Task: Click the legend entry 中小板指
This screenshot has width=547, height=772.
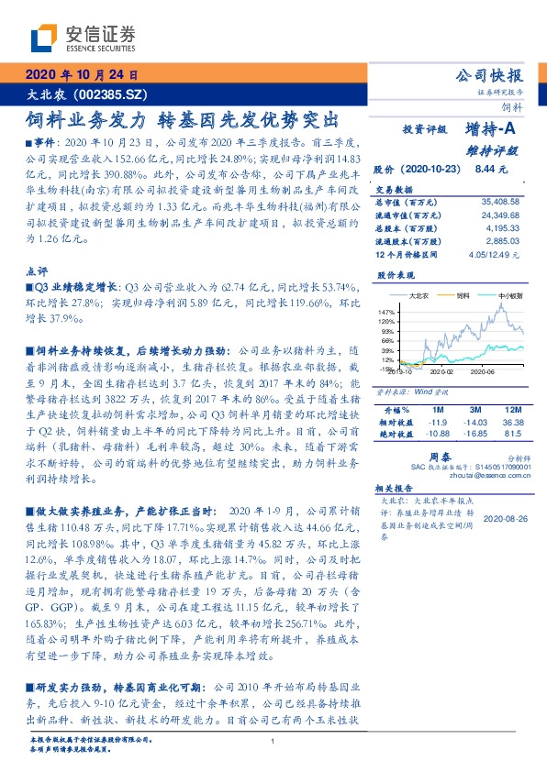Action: tap(509, 296)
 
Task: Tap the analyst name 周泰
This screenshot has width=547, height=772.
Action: tap(438, 455)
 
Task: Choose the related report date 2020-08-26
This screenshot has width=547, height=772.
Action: tap(503, 518)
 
